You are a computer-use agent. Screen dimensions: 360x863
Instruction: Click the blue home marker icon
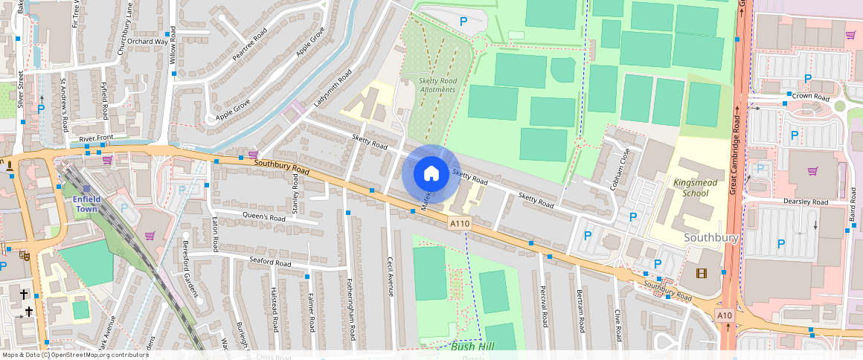431,174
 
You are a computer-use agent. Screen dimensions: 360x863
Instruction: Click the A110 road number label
458,223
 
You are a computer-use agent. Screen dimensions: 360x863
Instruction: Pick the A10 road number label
725,316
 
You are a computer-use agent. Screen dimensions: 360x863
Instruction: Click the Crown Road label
811,97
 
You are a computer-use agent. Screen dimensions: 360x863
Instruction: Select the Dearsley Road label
805,202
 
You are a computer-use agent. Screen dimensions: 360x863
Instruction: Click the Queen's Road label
264,218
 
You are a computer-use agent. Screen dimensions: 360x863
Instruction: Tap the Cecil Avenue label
390,277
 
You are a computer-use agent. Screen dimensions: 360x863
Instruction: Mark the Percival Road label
543,306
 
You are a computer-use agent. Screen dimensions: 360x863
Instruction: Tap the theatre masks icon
25,254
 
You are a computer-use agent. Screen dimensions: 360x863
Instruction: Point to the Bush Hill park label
472,347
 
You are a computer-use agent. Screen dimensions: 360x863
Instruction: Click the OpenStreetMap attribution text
74,355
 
